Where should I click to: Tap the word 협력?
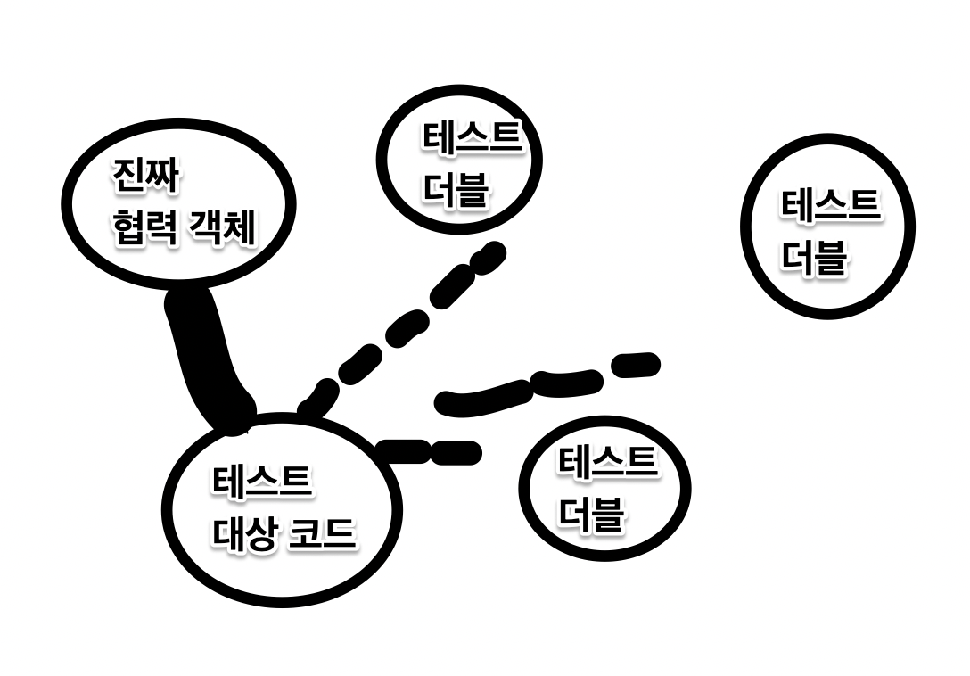(142, 229)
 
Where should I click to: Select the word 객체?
(222, 229)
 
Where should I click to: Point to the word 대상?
(243, 533)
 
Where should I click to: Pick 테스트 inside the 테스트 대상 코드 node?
(261, 482)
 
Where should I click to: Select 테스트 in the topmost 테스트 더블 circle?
(471, 139)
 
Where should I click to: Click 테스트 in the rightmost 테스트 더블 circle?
(830, 204)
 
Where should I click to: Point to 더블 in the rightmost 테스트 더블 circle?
(814, 257)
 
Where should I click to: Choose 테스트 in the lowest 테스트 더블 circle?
(607, 462)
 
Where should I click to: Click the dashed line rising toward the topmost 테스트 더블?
(401, 327)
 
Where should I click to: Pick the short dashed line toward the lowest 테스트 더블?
(428, 451)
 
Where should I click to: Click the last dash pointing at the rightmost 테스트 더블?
(635, 365)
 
